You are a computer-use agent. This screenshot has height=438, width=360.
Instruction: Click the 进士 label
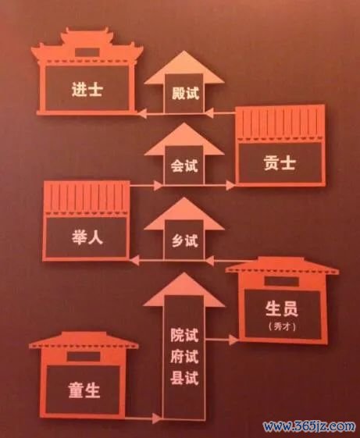coord(87,89)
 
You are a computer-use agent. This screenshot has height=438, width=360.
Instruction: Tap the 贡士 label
coord(280,162)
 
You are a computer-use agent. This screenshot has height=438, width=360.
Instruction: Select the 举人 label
coord(87,237)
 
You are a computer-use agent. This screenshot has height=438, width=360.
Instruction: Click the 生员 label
coord(281,308)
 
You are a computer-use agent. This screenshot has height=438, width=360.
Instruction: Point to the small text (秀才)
coord(282,326)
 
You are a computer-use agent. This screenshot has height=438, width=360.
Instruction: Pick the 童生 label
coord(84,390)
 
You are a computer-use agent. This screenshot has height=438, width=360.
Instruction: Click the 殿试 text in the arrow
coord(185,93)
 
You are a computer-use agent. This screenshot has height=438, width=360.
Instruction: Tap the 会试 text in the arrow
coord(184,166)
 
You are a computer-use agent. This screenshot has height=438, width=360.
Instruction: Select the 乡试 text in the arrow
coord(185,240)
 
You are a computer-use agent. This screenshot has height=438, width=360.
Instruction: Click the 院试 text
coord(184,335)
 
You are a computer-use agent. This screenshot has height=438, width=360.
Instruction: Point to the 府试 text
coord(184,357)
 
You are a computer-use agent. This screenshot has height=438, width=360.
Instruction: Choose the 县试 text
coord(184,378)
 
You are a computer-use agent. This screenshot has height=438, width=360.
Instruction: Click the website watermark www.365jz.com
coord(308,426)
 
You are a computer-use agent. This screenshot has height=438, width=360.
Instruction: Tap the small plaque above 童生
coord(84,357)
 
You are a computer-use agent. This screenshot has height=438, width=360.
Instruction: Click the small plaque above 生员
coord(281,281)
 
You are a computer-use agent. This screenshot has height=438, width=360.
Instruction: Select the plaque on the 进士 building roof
coord(87,52)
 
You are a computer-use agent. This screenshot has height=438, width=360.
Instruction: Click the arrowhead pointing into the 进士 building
coord(142,113)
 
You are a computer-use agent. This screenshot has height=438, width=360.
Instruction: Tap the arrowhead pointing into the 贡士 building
coord(230,185)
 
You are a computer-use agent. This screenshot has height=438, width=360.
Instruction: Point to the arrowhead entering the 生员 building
coord(233,340)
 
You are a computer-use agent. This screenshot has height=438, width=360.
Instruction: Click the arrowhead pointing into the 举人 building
coord(134,260)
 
